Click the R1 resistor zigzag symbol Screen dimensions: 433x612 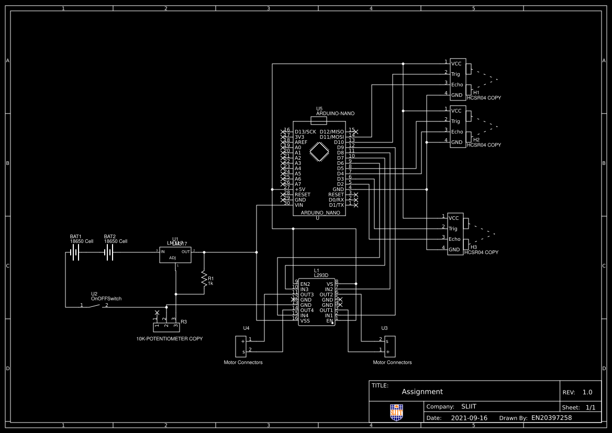(x=204, y=279)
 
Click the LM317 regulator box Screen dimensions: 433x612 (x=175, y=254)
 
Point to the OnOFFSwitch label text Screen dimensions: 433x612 (x=106, y=298)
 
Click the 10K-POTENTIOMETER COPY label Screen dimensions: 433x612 (x=169, y=339)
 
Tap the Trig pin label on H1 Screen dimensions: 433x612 (x=455, y=74)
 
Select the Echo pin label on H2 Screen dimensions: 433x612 (x=457, y=131)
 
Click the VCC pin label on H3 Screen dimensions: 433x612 (x=453, y=218)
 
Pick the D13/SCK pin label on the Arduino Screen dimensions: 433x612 (x=305, y=131)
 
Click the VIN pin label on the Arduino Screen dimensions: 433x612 (x=299, y=205)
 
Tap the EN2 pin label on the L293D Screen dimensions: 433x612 (x=305, y=284)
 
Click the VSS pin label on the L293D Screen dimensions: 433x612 (x=305, y=320)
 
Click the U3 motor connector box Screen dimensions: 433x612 (x=390, y=346)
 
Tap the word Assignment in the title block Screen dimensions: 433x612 (x=422, y=392)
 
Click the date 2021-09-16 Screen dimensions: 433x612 (x=469, y=418)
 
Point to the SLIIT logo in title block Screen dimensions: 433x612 (x=397, y=412)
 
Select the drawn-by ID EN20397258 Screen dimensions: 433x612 (x=551, y=418)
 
